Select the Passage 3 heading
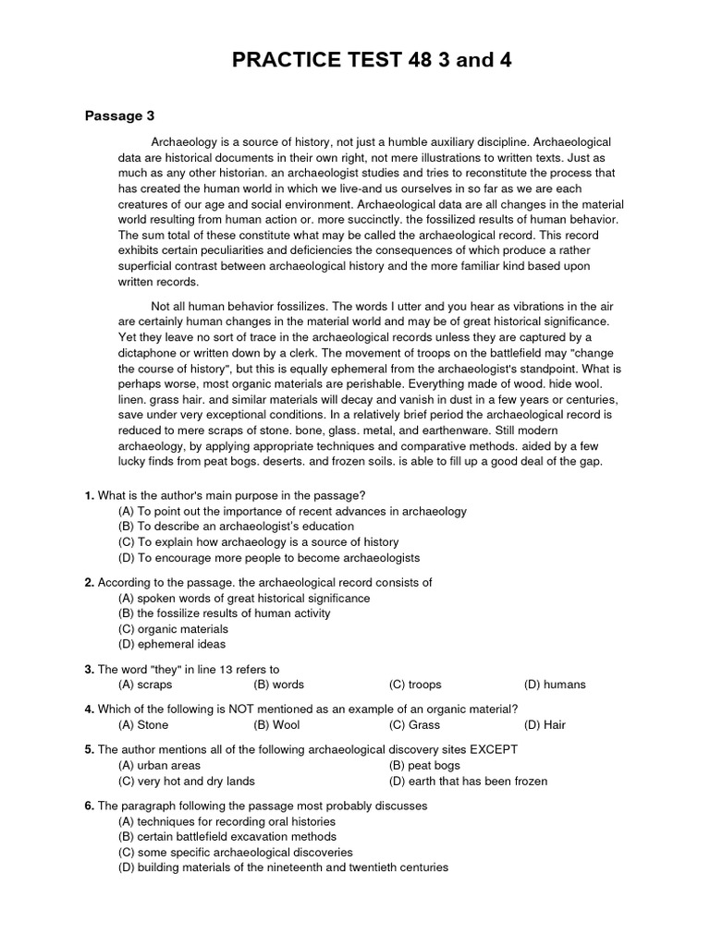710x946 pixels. click(x=119, y=115)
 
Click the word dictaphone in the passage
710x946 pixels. click(x=150, y=352)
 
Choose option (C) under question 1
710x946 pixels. click(x=259, y=542)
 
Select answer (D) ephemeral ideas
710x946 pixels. click(x=173, y=644)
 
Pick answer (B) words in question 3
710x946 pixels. click(x=278, y=685)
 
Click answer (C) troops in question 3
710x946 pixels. click(x=415, y=685)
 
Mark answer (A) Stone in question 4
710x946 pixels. click(x=144, y=725)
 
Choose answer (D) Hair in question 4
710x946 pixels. click(x=545, y=725)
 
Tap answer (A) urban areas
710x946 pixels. click(x=160, y=765)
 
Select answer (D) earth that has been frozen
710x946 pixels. click(x=469, y=781)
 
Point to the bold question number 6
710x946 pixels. click(x=90, y=806)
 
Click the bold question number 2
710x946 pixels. click(x=90, y=583)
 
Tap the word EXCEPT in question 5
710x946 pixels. click(x=493, y=749)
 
